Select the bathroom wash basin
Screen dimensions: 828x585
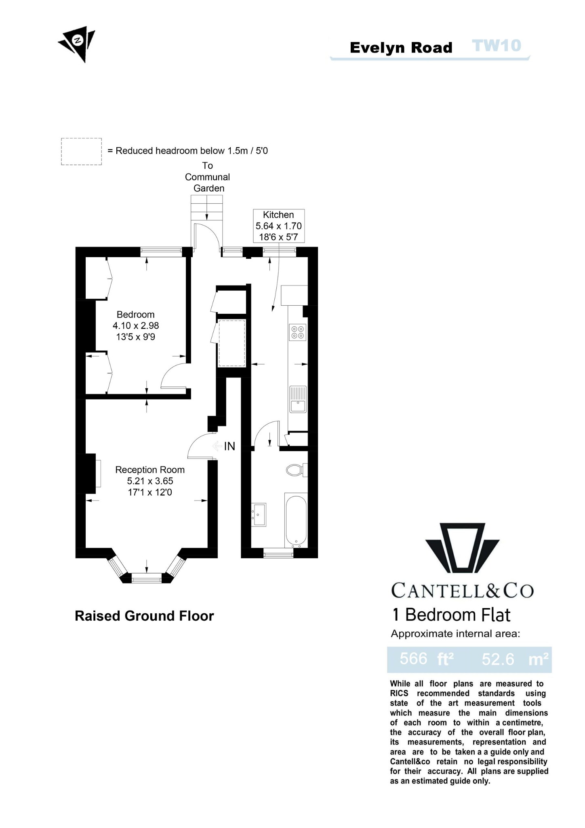[x=259, y=514]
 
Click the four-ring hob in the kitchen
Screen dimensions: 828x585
[x=298, y=332]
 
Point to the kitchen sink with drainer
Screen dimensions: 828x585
[x=298, y=399]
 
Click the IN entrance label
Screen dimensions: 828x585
[x=229, y=446]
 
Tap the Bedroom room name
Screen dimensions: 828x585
[x=135, y=315]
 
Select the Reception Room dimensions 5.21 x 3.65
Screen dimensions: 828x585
[x=150, y=481]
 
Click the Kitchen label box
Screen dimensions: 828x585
[x=278, y=226]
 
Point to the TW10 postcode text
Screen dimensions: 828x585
[x=497, y=46]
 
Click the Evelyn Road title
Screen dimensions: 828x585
[x=401, y=48]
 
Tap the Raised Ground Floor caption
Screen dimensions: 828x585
[x=144, y=616]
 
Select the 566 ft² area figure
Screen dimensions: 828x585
[x=426, y=659]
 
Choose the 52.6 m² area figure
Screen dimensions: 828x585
[x=514, y=659]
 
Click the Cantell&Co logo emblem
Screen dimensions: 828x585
[x=462, y=548]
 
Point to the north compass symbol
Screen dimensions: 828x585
[x=78, y=42]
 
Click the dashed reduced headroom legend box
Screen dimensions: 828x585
[x=81, y=151]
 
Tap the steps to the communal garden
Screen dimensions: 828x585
[x=207, y=208]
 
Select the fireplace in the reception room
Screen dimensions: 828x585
[x=98, y=473]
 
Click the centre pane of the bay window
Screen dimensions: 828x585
[x=146, y=579]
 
